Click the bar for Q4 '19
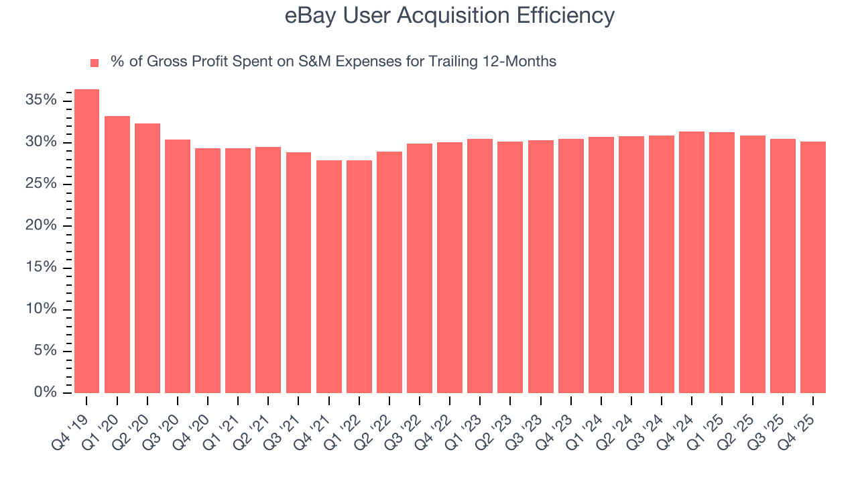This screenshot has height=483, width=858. (86, 241)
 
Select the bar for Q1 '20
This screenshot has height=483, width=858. (117, 255)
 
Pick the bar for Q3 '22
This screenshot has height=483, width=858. (419, 268)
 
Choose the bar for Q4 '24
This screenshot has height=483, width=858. (691, 262)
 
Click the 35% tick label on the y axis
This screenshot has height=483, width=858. (42, 101)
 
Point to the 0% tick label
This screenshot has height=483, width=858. (46, 392)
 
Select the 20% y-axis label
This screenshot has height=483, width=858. (42, 226)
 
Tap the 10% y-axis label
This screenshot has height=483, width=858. (42, 309)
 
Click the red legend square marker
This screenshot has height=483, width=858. (95, 63)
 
